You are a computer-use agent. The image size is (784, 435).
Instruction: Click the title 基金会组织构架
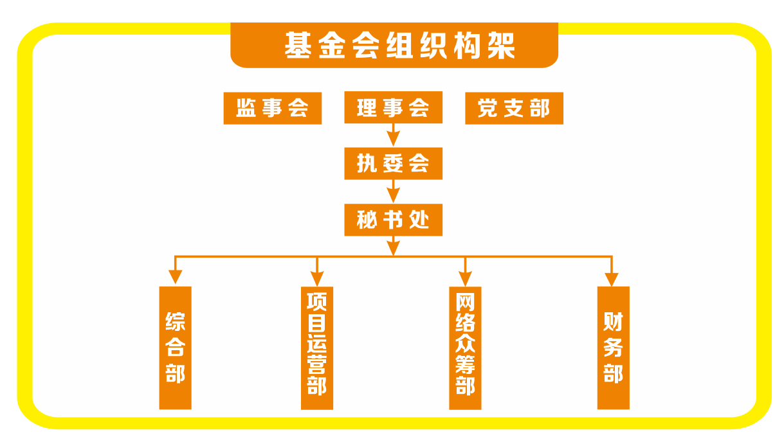click(x=394, y=46)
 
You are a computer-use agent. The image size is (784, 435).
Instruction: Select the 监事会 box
click(x=272, y=108)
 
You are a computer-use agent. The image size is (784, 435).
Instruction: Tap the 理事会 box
click(x=393, y=108)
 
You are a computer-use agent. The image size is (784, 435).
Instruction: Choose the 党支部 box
click(x=514, y=108)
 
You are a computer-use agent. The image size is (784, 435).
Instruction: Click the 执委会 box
click(x=393, y=164)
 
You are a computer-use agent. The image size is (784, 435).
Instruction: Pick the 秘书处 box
click(x=393, y=220)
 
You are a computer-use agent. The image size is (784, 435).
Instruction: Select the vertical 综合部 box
click(x=175, y=348)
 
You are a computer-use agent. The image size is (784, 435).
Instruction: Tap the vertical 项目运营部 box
click(x=317, y=348)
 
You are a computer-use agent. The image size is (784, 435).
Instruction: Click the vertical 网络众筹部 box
click(x=465, y=348)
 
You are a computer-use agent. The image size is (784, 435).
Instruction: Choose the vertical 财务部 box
click(x=613, y=348)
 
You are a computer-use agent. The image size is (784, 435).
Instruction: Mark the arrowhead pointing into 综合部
click(x=175, y=277)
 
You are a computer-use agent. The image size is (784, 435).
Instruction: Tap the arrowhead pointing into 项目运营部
click(x=317, y=278)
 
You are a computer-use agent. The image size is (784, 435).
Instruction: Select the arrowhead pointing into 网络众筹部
click(x=465, y=278)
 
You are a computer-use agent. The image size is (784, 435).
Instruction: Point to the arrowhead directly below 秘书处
click(x=393, y=247)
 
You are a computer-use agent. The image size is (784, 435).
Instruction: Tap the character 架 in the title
click(x=500, y=46)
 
